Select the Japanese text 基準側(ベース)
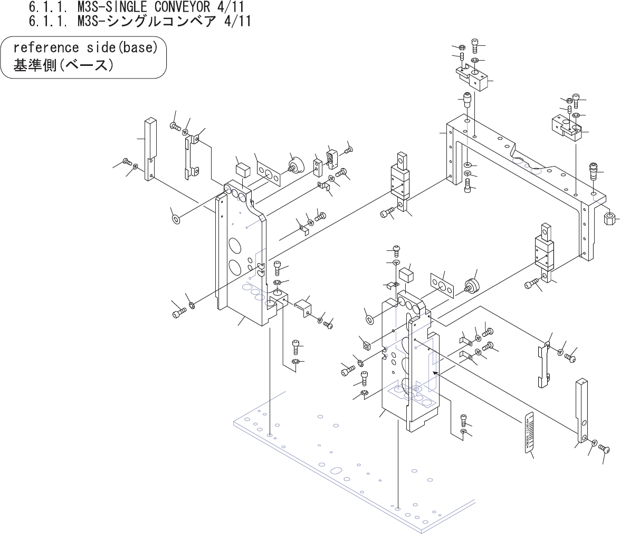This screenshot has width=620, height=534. pos(63,66)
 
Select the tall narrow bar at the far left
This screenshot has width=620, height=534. pos(149,149)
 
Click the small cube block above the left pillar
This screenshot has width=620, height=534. pos(243,170)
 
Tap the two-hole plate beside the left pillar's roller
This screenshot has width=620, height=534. pos(269,173)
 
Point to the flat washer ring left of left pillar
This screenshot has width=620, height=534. pos(176,218)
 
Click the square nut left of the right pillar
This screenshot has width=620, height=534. pos(365,346)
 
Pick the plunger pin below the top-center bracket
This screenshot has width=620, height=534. pos(467,99)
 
